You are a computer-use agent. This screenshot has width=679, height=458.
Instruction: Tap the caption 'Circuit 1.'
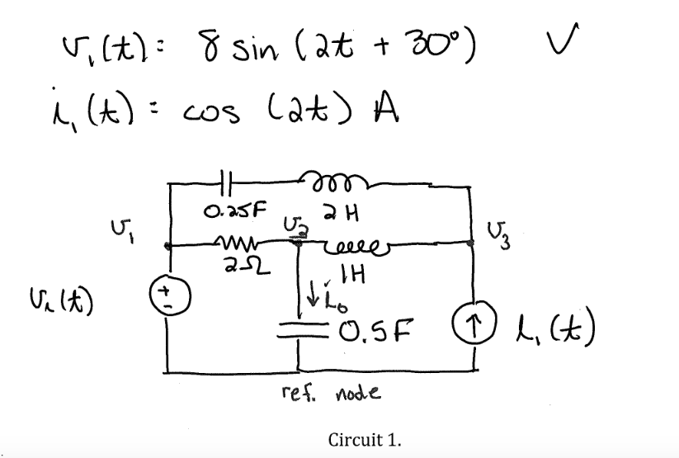[x=365, y=437]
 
